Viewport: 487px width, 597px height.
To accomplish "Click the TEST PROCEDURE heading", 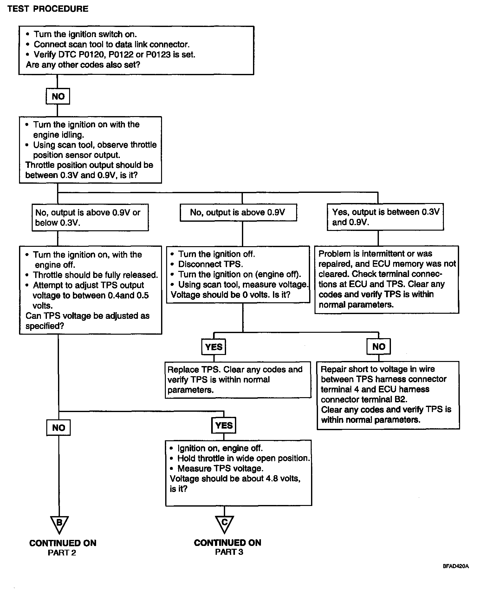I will pyautogui.click(x=48, y=9).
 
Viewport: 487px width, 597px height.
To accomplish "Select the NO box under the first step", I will pyautogui.click(x=58, y=96).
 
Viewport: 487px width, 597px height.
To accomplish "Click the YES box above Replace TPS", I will pyautogui.click(x=214, y=347).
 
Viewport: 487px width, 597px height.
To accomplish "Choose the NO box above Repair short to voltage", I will pyautogui.click(x=379, y=346).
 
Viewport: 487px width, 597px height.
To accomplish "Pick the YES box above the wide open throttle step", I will pyautogui.click(x=224, y=425).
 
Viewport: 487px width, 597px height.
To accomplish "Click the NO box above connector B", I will pyautogui.click(x=58, y=428).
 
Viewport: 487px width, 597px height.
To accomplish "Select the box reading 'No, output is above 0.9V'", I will pyautogui.click(x=238, y=213).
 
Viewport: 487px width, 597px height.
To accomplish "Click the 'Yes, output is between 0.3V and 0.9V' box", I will pyautogui.click(x=385, y=217).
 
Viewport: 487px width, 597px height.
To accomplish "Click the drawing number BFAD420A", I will pyautogui.click(x=455, y=567).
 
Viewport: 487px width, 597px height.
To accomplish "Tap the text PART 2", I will pyautogui.click(x=62, y=553).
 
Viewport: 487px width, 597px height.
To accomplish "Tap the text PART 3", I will pyautogui.click(x=229, y=552).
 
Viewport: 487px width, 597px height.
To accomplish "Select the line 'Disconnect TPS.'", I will pyautogui.click(x=211, y=264).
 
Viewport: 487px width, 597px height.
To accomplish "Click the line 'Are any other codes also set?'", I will pyautogui.click(x=83, y=65).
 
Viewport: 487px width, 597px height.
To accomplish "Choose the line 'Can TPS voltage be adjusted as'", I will pyautogui.click(x=88, y=316).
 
